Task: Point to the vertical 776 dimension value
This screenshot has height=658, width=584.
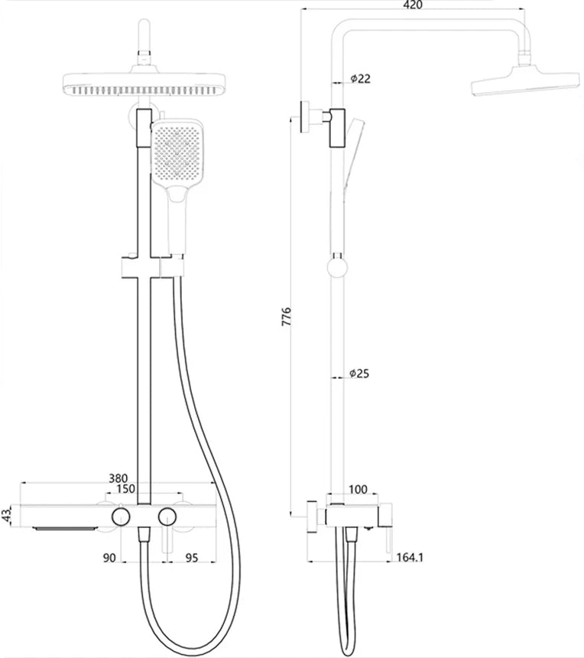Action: coord(287,317)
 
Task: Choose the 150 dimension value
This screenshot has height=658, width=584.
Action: coord(127,489)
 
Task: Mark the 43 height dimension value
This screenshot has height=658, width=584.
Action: coord(8,515)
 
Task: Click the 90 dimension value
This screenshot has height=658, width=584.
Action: coord(109,559)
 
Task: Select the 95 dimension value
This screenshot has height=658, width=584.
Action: coord(191,559)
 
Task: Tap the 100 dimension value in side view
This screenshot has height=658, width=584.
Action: coord(358,489)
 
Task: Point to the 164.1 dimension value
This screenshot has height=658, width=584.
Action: coord(410,558)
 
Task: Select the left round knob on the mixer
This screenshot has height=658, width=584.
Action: coord(120,516)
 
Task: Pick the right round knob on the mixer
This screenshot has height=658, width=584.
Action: coord(167,516)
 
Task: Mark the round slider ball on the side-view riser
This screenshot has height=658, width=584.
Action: coord(337,266)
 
